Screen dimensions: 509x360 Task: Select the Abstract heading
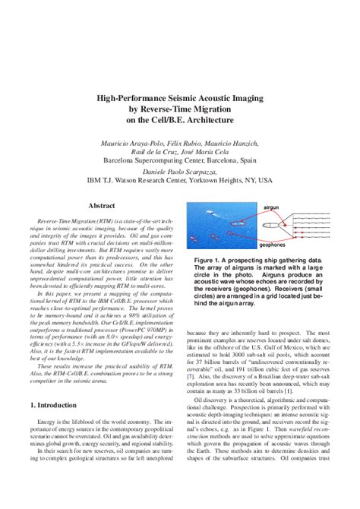102,206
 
